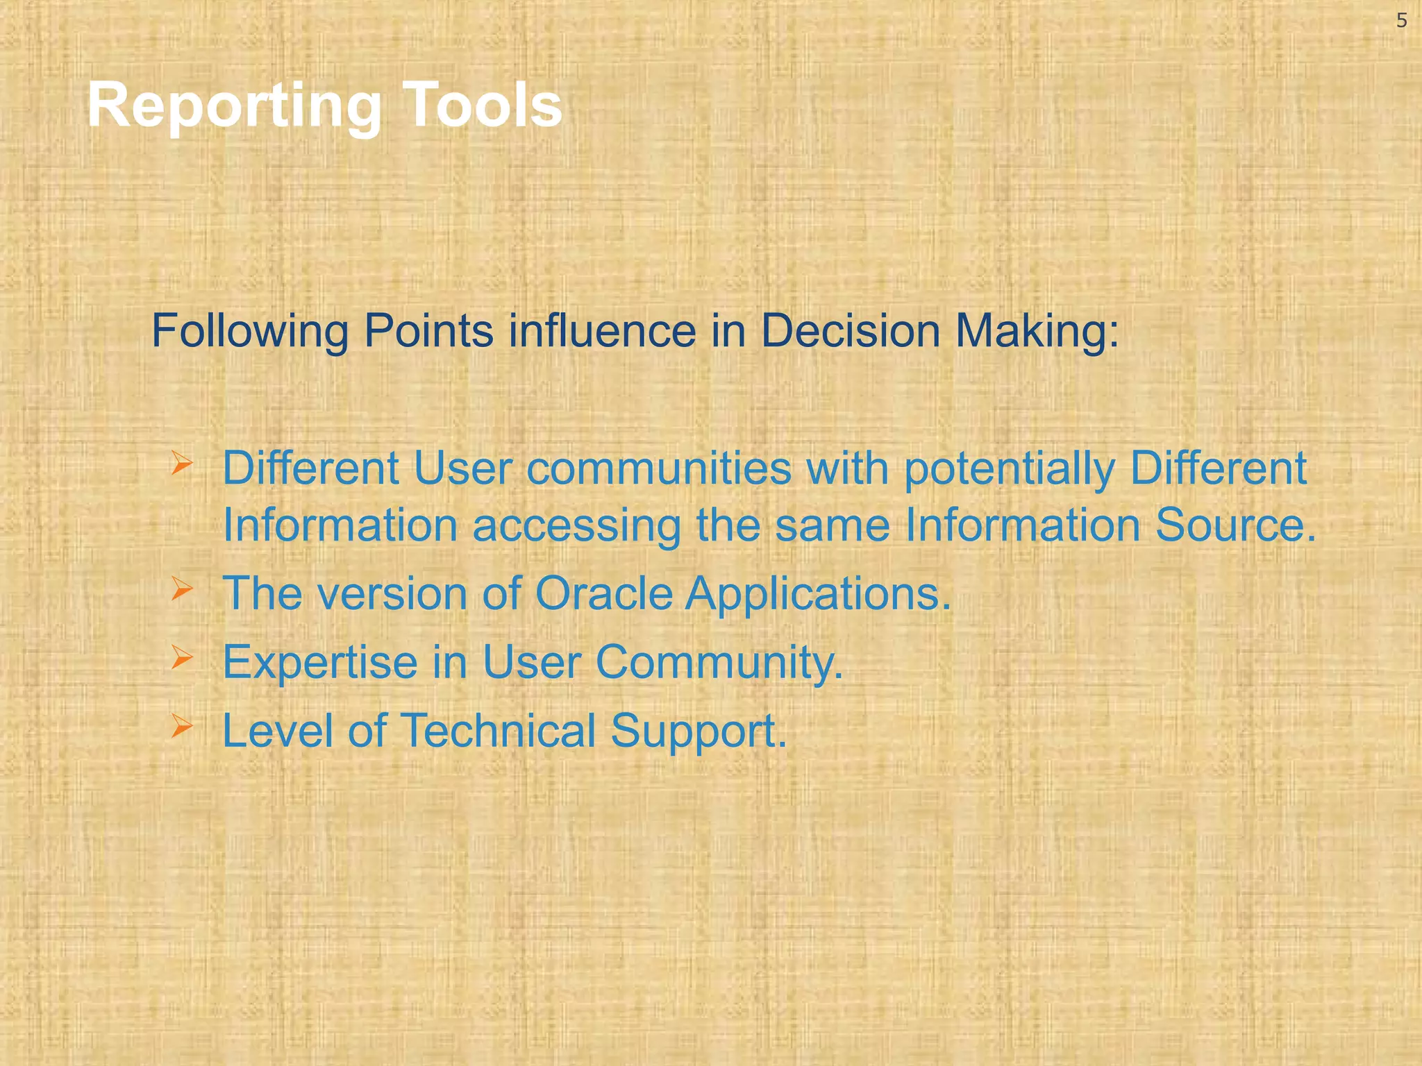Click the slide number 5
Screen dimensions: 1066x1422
(x=1401, y=22)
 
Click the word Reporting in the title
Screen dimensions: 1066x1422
(x=234, y=106)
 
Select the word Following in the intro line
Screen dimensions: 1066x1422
(x=250, y=332)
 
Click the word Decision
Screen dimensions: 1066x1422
(x=851, y=330)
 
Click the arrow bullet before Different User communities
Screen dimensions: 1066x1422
(x=181, y=464)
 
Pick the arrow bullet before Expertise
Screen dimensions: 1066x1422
(x=181, y=657)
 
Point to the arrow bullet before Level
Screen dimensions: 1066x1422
(x=181, y=726)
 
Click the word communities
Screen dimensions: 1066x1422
(x=658, y=468)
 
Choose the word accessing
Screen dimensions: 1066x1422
(x=576, y=525)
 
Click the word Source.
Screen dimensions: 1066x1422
(x=1235, y=525)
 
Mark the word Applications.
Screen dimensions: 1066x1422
(x=818, y=595)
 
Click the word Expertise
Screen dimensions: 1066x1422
(x=320, y=663)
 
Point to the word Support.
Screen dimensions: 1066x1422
(x=699, y=732)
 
